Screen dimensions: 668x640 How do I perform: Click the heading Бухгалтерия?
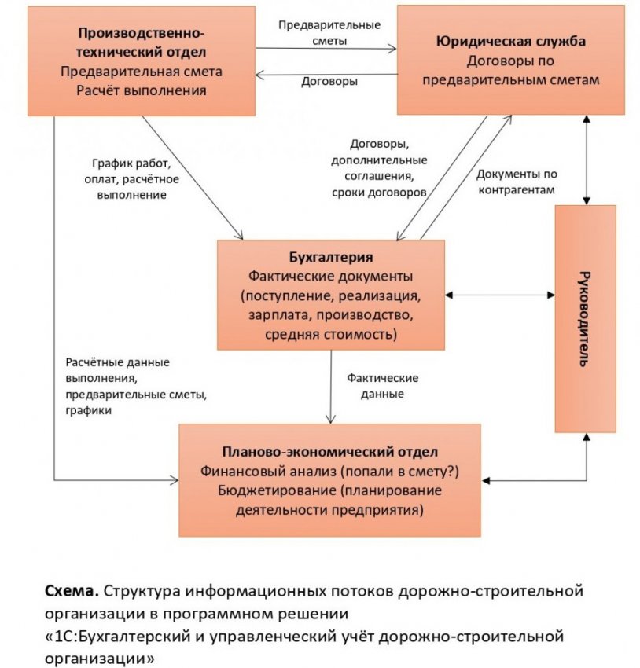pyautogui.click(x=330, y=257)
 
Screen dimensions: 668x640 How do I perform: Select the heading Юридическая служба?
pyautogui.click(x=511, y=42)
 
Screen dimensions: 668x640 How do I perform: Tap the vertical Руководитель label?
pyautogui.click(x=584, y=318)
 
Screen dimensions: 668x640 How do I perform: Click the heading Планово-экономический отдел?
pyautogui.click(x=330, y=453)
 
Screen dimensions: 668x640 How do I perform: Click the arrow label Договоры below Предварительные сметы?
pyautogui.click(x=329, y=82)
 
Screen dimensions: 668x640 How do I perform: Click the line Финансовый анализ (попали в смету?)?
pyautogui.click(x=330, y=472)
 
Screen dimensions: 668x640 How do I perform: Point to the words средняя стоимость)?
pyautogui.click(x=330, y=335)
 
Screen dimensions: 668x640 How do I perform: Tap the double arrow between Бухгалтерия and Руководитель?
pyautogui.click(x=500, y=295)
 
